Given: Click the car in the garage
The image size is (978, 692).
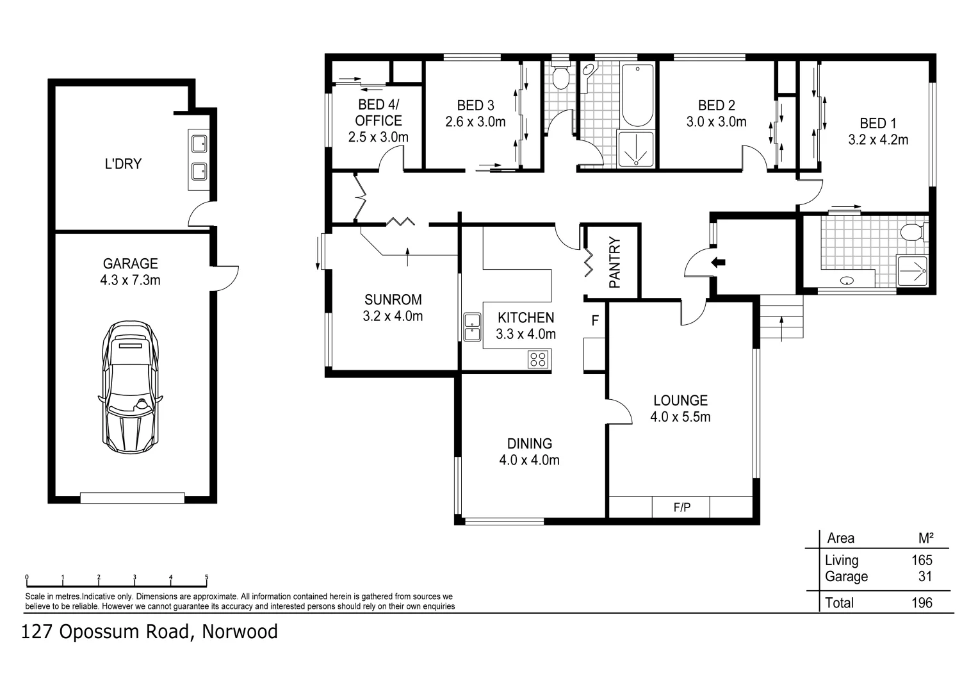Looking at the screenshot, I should tap(130, 388).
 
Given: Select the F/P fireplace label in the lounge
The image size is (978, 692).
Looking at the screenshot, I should tap(682, 508).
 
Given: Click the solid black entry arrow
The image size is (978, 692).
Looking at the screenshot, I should tap(719, 261).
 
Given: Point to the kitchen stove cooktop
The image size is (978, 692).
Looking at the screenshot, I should tap(539, 359).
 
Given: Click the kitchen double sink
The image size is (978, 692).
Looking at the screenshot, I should tap(473, 327).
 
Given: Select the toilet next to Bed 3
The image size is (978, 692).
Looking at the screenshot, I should tap(561, 78).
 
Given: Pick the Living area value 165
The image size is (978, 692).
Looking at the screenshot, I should tap(922, 560).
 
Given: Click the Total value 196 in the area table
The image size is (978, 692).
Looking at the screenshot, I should tap(922, 603).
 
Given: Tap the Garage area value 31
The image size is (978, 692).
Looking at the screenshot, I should tap(925, 577).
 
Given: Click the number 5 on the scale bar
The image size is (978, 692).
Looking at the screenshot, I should tap(206, 577).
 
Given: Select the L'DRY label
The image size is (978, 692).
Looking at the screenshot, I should tap(122, 164).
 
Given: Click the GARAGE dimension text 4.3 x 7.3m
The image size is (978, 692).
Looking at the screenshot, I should tap(130, 280).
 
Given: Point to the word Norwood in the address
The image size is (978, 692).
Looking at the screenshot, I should tap(240, 632).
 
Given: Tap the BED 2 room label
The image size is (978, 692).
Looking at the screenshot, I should tap(716, 105).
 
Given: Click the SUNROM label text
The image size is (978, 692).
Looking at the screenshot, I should tap(393, 299).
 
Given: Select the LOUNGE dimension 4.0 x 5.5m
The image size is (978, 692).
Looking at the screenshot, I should tap(680, 417).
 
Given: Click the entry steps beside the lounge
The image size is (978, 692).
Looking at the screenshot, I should tap(781, 317).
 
